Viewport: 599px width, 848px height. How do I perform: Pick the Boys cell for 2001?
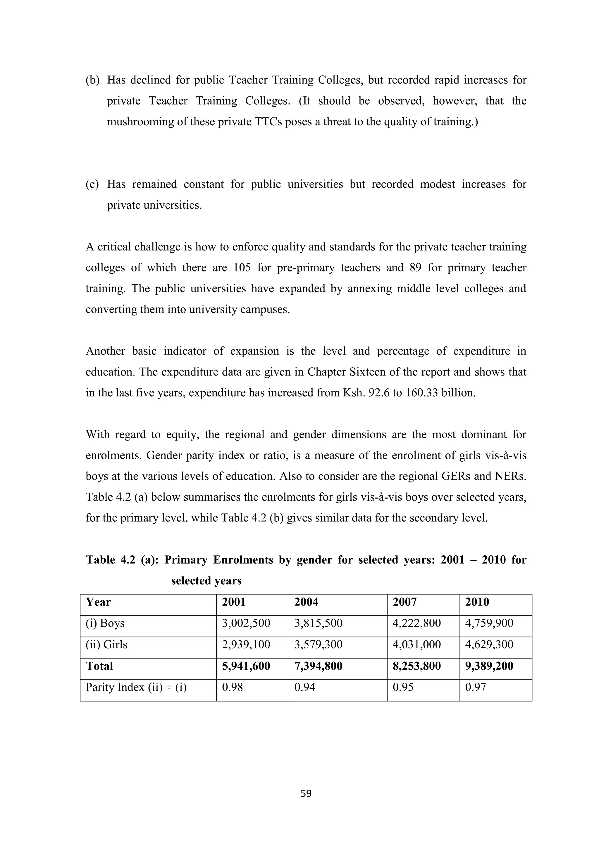pos(246,623)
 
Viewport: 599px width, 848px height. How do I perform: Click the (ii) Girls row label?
pos(106,644)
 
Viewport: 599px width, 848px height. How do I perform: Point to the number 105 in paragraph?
pos(242,267)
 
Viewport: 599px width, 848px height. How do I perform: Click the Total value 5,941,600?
pos(246,666)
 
